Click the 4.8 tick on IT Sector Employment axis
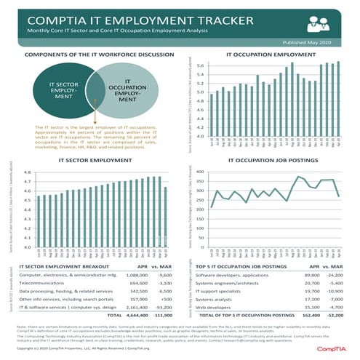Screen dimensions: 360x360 coord(27,172)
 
